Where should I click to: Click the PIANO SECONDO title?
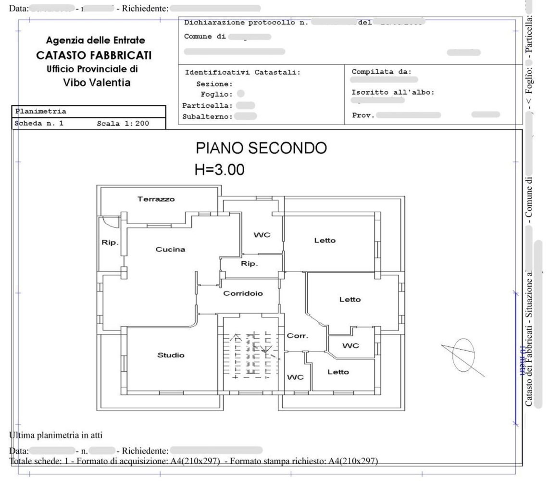[x=261, y=148]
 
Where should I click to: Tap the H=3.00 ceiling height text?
[x=219, y=169]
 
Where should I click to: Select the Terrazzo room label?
[x=156, y=199]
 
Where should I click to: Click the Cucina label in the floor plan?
[x=170, y=250]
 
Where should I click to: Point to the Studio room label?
[x=171, y=355]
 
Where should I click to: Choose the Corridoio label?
[x=243, y=293]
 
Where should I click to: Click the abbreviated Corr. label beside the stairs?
[x=297, y=336]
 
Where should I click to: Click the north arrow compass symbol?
[x=463, y=355]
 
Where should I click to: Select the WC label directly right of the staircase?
[x=295, y=378]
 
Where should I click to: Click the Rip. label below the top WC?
[x=249, y=264]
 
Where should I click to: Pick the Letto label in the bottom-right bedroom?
[x=338, y=372]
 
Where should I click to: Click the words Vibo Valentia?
[x=97, y=83]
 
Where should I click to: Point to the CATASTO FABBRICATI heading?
[x=94, y=56]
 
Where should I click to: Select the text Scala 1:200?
[x=123, y=124]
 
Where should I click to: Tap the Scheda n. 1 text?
[x=39, y=124]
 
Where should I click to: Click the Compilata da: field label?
[x=381, y=72]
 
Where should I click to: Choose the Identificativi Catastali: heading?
[x=242, y=73]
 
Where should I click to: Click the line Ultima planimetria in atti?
[x=56, y=436]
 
